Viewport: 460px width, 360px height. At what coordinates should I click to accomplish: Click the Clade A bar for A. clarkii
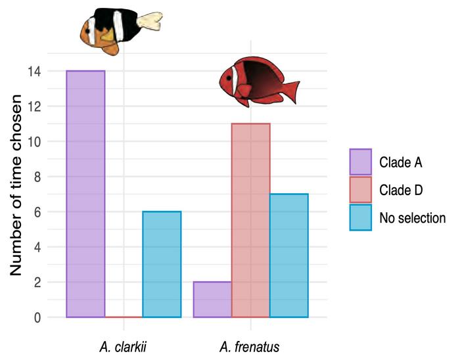tap(85, 194)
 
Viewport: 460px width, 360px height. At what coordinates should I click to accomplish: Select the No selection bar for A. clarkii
tap(162, 264)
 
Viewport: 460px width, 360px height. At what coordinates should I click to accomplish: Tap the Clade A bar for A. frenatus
tap(212, 300)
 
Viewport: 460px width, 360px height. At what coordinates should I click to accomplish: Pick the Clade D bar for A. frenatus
tap(250, 220)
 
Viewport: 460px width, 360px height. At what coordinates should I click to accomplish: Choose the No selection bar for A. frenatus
tap(288, 256)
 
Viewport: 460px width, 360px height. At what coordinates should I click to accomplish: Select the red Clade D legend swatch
tap(361, 189)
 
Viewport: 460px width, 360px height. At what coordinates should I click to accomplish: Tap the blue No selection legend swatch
tap(361, 217)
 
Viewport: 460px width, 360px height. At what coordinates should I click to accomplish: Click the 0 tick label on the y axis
tap(37, 318)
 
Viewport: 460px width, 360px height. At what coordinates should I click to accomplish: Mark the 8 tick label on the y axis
tap(37, 177)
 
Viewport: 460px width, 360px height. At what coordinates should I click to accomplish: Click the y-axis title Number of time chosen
tap(18, 186)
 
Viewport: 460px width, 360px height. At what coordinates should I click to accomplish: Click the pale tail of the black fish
tap(152, 22)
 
